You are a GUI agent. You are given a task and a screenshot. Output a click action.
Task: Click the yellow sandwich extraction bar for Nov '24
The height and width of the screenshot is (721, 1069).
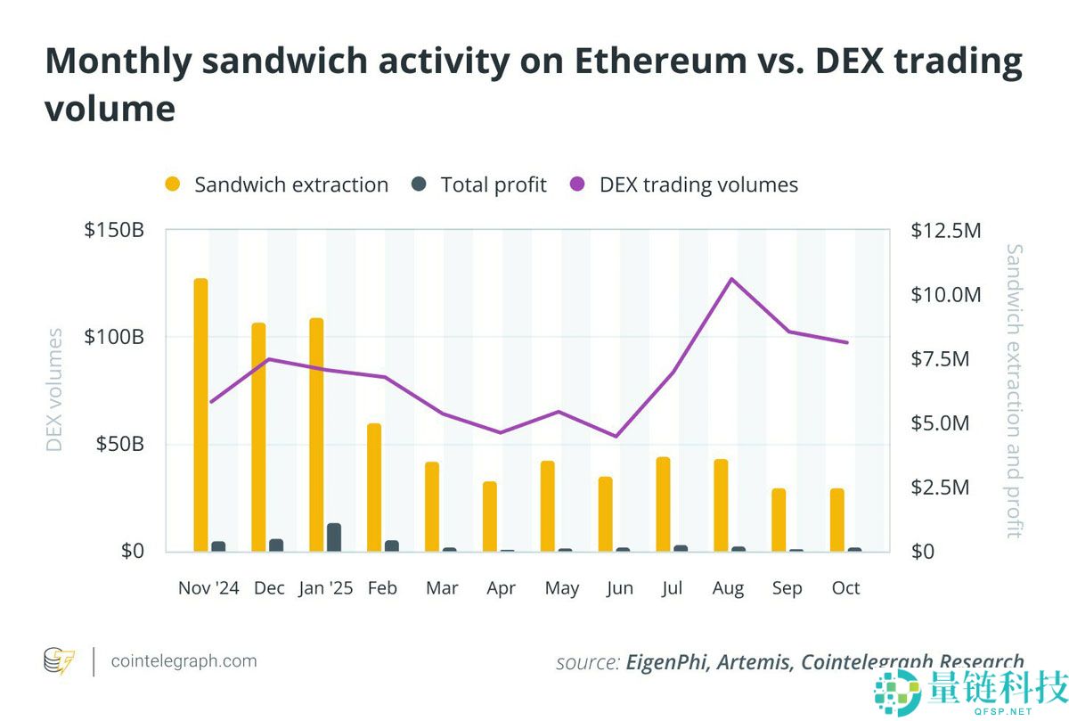pyautogui.click(x=200, y=415)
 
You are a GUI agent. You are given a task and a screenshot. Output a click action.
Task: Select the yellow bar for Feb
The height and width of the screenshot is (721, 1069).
pyautogui.click(x=374, y=487)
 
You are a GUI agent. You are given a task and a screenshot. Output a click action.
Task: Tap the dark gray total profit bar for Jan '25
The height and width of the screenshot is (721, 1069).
pyautogui.click(x=334, y=537)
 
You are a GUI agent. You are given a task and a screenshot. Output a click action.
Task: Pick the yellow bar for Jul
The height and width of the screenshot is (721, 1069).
pyautogui.click(x=663, y=504)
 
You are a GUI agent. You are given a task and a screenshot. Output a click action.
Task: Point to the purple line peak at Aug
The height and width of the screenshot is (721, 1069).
pyautogui.click(x=731, y=279)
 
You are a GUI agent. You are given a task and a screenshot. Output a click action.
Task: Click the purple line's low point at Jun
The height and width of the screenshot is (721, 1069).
pyautogui.click(x=616, y=436)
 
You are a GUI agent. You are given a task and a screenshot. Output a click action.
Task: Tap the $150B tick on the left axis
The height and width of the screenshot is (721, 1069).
pyautogui.click(x=114, y=231)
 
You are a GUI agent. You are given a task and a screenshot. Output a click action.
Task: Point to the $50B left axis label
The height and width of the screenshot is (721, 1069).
pyautogui.click(x=119, y=445)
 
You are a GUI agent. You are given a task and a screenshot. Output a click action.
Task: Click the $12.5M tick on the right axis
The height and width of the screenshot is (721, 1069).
pyautogui.click(x=945, y=231)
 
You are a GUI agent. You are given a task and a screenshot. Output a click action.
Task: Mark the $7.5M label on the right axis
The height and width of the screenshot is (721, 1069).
pyautogui.click(x=940, y=359)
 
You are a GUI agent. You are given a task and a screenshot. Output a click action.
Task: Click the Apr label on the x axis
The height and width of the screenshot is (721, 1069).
pyautogui.click(x=502, y=588)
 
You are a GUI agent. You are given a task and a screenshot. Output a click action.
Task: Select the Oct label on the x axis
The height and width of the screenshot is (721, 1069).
pyautogui.click(x=845, y=588)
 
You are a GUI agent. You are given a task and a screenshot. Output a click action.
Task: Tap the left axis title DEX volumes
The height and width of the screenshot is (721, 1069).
pyautogui.click(x=55, y=390)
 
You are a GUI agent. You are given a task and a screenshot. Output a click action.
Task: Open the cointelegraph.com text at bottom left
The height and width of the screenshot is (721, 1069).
pyautogui.click(x=184, y=661)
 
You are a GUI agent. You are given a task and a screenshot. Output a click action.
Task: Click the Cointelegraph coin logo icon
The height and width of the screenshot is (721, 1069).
pyautogui.click(x=60, y=661)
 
